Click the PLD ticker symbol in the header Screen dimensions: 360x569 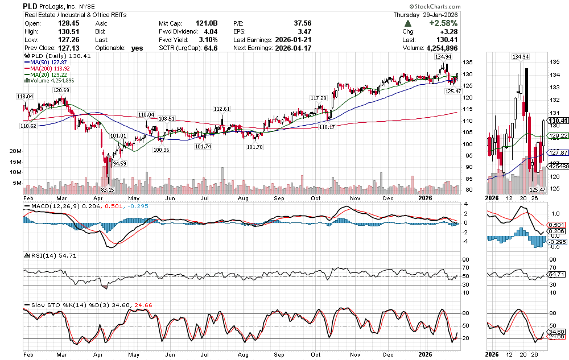(x=30, y=6)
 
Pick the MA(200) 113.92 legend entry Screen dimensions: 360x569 (x=51, y=69)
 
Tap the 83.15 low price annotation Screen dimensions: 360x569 (x=108, y=189)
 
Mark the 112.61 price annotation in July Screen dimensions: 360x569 (x=221, y=109)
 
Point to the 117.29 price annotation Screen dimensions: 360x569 (x=318, y=98)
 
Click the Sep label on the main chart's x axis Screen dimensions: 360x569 (x=279, y=198)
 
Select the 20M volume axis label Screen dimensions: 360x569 (x=15, y=152)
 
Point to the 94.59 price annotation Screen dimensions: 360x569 (x=118, y=163)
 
